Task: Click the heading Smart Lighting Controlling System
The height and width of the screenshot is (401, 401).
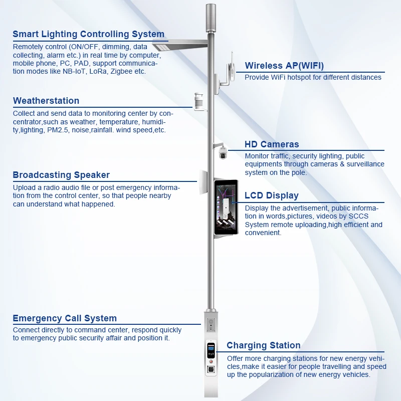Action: pos(88,35)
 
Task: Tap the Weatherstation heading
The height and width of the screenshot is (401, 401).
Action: pos(46,101)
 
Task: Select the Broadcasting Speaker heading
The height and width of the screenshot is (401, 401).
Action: pos(61,175)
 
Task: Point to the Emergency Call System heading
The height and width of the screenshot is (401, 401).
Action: pos(65,318)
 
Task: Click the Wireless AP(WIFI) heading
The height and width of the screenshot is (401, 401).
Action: pos(284,66)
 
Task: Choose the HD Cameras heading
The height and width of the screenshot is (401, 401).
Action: pos(272,144)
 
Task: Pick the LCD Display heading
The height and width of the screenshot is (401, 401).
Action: pos(272,195)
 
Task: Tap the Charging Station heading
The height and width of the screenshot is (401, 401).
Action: pos(264,345)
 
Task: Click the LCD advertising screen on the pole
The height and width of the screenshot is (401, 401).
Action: pos(229,208)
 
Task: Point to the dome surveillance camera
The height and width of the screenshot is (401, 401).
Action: pos(223,154)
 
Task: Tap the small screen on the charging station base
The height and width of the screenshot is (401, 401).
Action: pos(211,349)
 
